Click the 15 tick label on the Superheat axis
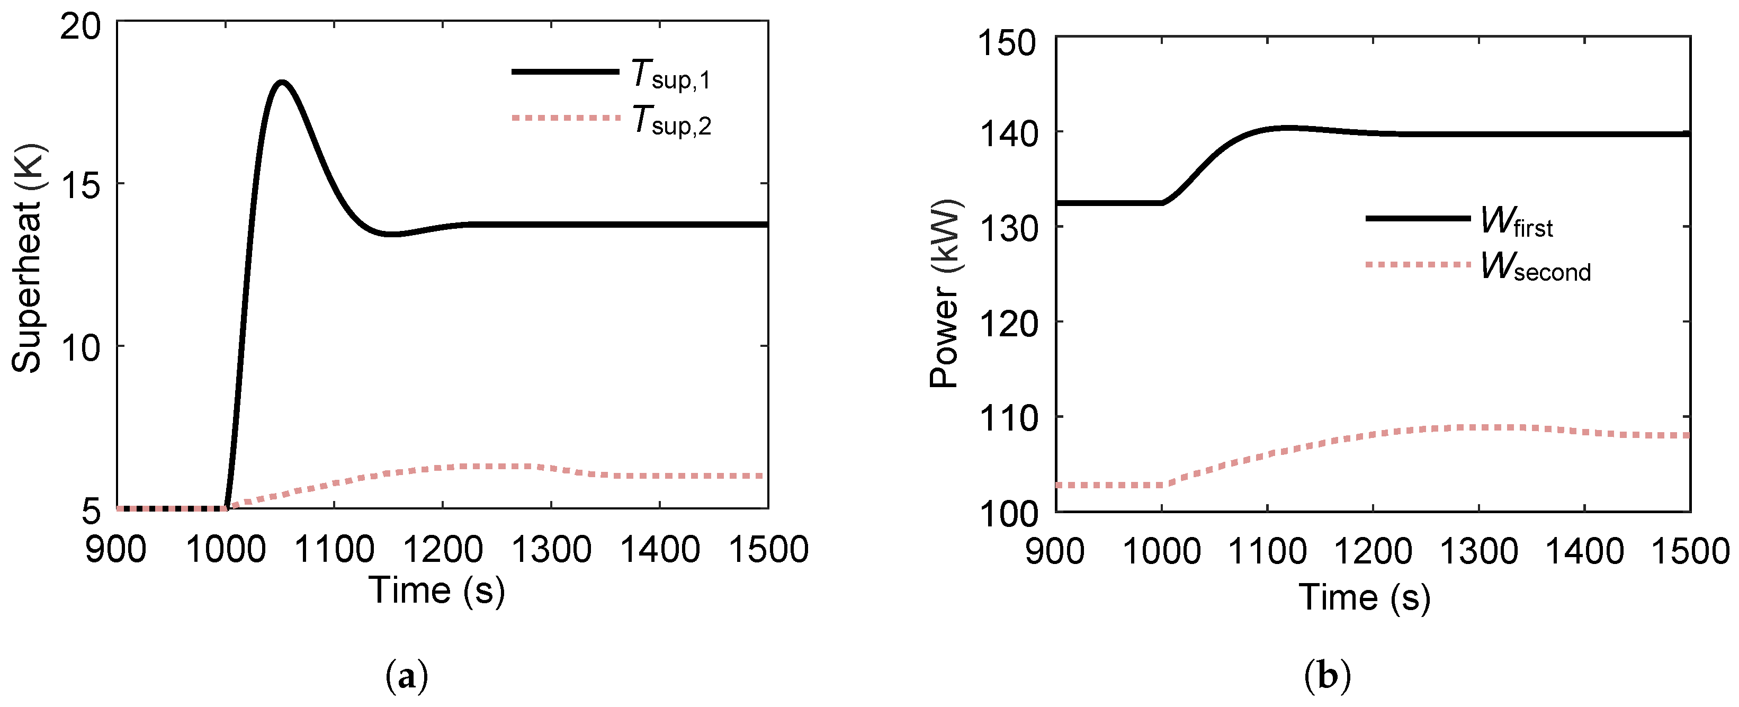pyautogui.click(x=80, y=184)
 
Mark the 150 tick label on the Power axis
pyautogui.click(x=1007, y=43)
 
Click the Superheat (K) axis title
pyautogui.click(x=28, y=258)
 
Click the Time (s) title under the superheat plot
pyautogui.click(x=436, y=591)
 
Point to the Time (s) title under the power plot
pyautogui.click(x=1364, y=597)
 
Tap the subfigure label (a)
pyautogui.click(x=407, y=676)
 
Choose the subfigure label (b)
pyautogui.click(x=1328, y=676)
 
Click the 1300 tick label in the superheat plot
pyautogui.click(x=552, y=550)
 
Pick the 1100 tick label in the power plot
pyautogui.click(x=1267, y=552)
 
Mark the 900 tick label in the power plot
pyautogui.click(x=1055, y=552)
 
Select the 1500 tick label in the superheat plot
pyautogui.click(x=769, y=550)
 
